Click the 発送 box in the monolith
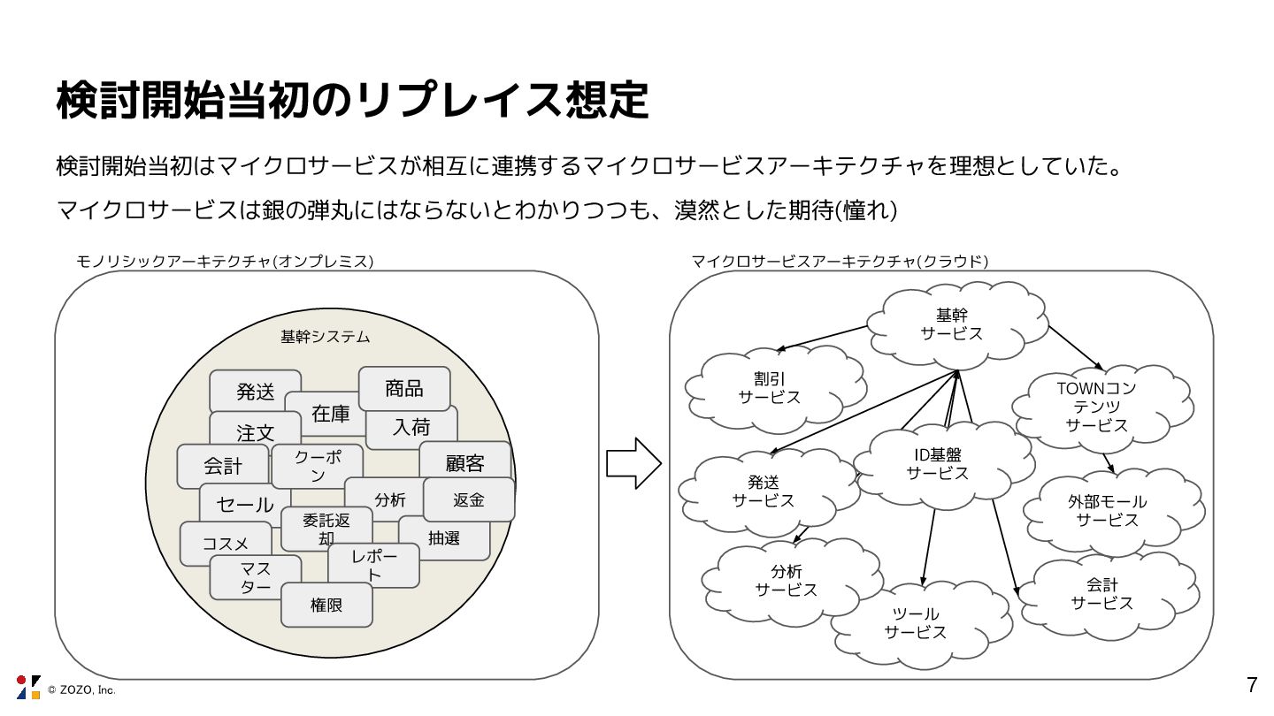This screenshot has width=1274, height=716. (255, 391)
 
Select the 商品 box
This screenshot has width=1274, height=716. (404, 388)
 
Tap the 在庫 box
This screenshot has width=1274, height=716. (331, 414)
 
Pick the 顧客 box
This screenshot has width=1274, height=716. (465, 461)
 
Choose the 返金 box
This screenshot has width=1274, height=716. (469, 499)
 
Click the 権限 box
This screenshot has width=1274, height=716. (326, 606)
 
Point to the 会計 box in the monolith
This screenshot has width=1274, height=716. (222, 466)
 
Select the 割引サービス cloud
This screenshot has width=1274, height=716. (769, 388)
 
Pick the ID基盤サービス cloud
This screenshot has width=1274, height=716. (937, 464)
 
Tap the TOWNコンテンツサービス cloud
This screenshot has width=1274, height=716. (1096, 407)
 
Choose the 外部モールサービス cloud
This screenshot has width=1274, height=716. (1107, 511)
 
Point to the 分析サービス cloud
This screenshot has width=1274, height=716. (786, 581)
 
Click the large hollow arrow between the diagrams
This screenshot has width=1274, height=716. (633, 462)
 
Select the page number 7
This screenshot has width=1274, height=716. (1251, 684)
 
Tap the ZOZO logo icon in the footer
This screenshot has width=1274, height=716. (27, 687)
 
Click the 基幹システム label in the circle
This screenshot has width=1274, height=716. (325, 337)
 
